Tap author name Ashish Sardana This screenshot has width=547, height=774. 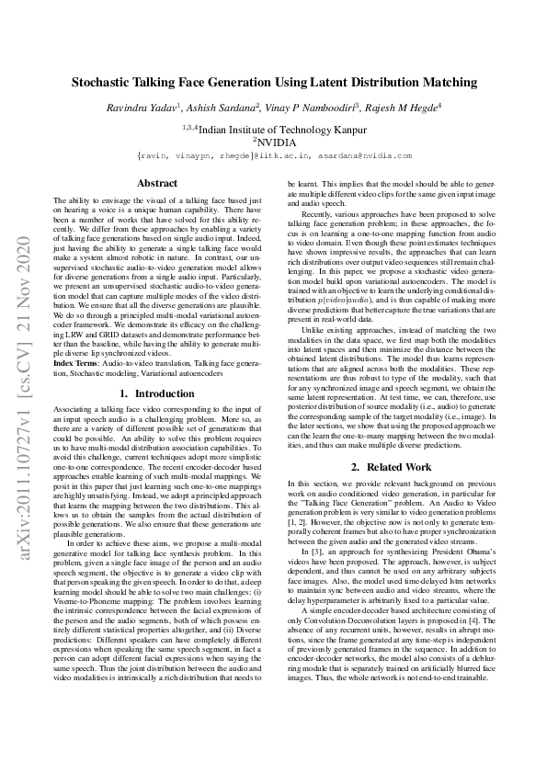coord(222,108)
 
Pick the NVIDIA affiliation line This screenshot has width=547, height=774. coord(275,142)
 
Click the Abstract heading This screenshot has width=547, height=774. coord(156,184)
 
